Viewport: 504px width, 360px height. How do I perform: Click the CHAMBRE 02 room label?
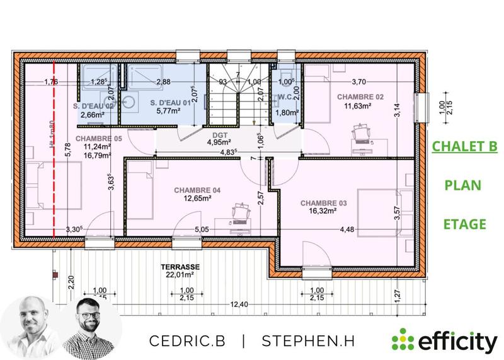(x=360, y=96)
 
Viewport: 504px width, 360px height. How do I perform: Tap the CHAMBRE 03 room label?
(x=323, y=203)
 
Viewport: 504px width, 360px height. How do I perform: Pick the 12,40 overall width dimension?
(x=238, y=305)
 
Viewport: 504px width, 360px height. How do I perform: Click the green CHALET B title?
(x=464, y=148)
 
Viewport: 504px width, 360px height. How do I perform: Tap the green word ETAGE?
(x=464, y=224)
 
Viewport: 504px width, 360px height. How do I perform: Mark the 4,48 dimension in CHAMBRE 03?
(x=348, y=229)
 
